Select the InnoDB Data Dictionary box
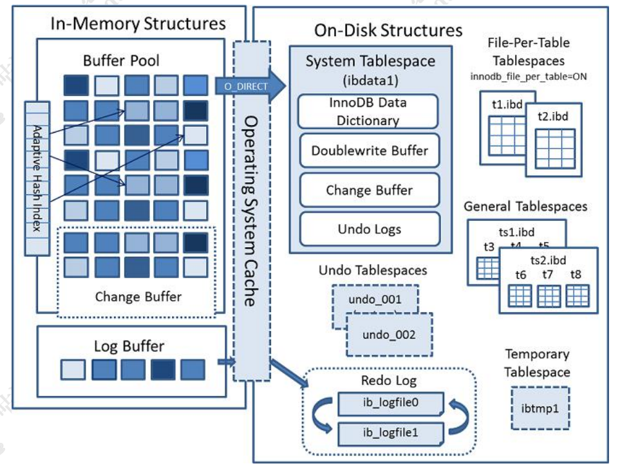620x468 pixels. tap(368, 111)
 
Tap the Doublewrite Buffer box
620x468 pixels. tap(370, 151)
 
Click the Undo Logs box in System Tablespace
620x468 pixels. tap(370, 229)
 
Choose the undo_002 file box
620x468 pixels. tap(389, 335)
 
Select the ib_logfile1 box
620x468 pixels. tap(390, 433)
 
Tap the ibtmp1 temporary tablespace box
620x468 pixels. tap(540, 408)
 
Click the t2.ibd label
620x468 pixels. tap(552, 117)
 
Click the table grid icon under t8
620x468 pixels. tap(578, 295)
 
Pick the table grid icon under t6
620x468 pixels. tap(520, 295)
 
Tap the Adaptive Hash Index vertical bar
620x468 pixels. tap(37, 177)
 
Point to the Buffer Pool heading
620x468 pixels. tap(121, 61)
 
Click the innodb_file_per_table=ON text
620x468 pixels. tap(529, 77)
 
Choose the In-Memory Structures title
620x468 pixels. tap(138, 24)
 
